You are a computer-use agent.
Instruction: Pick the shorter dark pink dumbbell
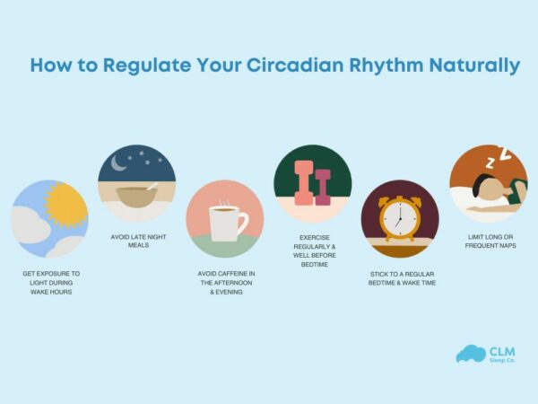[323, 188]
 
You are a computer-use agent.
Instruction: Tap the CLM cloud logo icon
[470, 353]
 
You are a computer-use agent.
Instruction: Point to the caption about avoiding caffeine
[225, 282]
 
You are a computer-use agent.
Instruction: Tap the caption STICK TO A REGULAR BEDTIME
[400, 277]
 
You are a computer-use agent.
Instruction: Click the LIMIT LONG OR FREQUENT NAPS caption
[488, 242]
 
